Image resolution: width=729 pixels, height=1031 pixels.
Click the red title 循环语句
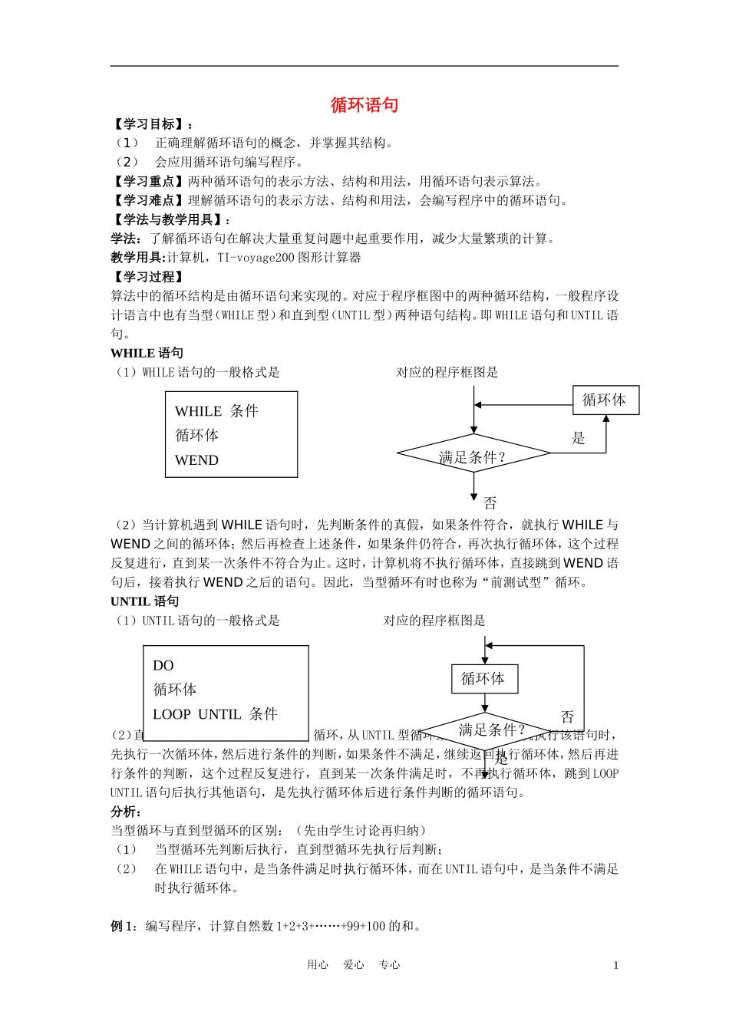tap(364, 105)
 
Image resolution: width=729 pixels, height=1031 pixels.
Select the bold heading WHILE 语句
tap(147, 353)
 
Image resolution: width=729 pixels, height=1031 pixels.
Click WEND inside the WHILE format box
tap(196, 460)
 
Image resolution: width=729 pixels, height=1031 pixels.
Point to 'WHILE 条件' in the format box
tap(216, 411)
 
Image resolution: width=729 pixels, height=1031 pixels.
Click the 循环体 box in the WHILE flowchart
tap(605, 400)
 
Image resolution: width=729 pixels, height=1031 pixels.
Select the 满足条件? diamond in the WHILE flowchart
tap(473, 457)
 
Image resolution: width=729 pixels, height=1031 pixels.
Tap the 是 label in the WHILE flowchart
tap(579, 438)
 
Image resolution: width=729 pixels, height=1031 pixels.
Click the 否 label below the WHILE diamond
tap(490, 503)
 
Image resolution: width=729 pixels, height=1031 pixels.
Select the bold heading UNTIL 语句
tap(144, 601)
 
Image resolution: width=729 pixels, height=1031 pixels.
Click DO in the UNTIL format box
tap(163, 666)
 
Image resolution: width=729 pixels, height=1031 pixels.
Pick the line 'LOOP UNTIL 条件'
tap(215, 714)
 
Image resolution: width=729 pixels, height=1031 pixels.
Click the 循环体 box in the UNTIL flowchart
tap(483, 679)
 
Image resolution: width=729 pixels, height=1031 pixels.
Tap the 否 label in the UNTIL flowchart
tap(567, 716)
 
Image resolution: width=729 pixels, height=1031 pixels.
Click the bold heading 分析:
tap(126, 812)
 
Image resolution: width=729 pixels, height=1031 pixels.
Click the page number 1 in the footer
tap(615, 965)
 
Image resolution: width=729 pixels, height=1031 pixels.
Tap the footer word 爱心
tap(354, 965)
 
